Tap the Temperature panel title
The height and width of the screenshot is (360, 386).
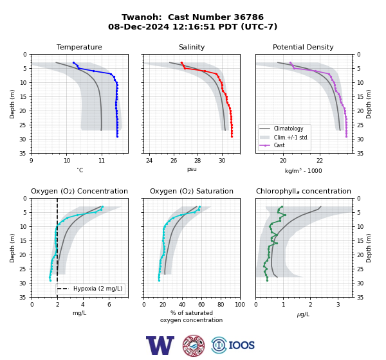tap(79, 47)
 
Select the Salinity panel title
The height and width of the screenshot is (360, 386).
tap(192, 47)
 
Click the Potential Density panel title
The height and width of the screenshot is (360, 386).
tap(303, 47)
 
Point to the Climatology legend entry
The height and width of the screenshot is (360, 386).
tap(288, 129)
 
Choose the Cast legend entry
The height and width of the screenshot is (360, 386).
tap(279, 145)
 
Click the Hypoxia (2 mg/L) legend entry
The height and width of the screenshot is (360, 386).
tap(98, 289)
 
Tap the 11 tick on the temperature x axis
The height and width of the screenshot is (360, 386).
tap(102, 161)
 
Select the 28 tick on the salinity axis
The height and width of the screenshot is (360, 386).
tap(198, 161)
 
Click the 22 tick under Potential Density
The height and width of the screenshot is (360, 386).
tap(320, 161)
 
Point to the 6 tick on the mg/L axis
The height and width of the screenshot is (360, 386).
tap(109, 305)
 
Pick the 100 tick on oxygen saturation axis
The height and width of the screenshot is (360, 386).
tap(240, 305)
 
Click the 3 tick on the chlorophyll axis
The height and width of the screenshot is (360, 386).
tap(338, 305)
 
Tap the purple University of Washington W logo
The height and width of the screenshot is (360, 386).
tap(160, 345)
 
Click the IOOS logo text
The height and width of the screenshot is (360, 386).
tap(241, 345)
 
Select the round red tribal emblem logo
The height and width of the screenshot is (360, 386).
tap(194, 345)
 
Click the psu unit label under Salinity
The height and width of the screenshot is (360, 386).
tap(192, 169)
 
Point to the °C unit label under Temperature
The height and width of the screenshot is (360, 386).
tap(80, 170)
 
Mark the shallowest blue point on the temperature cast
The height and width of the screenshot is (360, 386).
tap(73, 63)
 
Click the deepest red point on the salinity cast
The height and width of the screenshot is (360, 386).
tap(232, 136)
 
